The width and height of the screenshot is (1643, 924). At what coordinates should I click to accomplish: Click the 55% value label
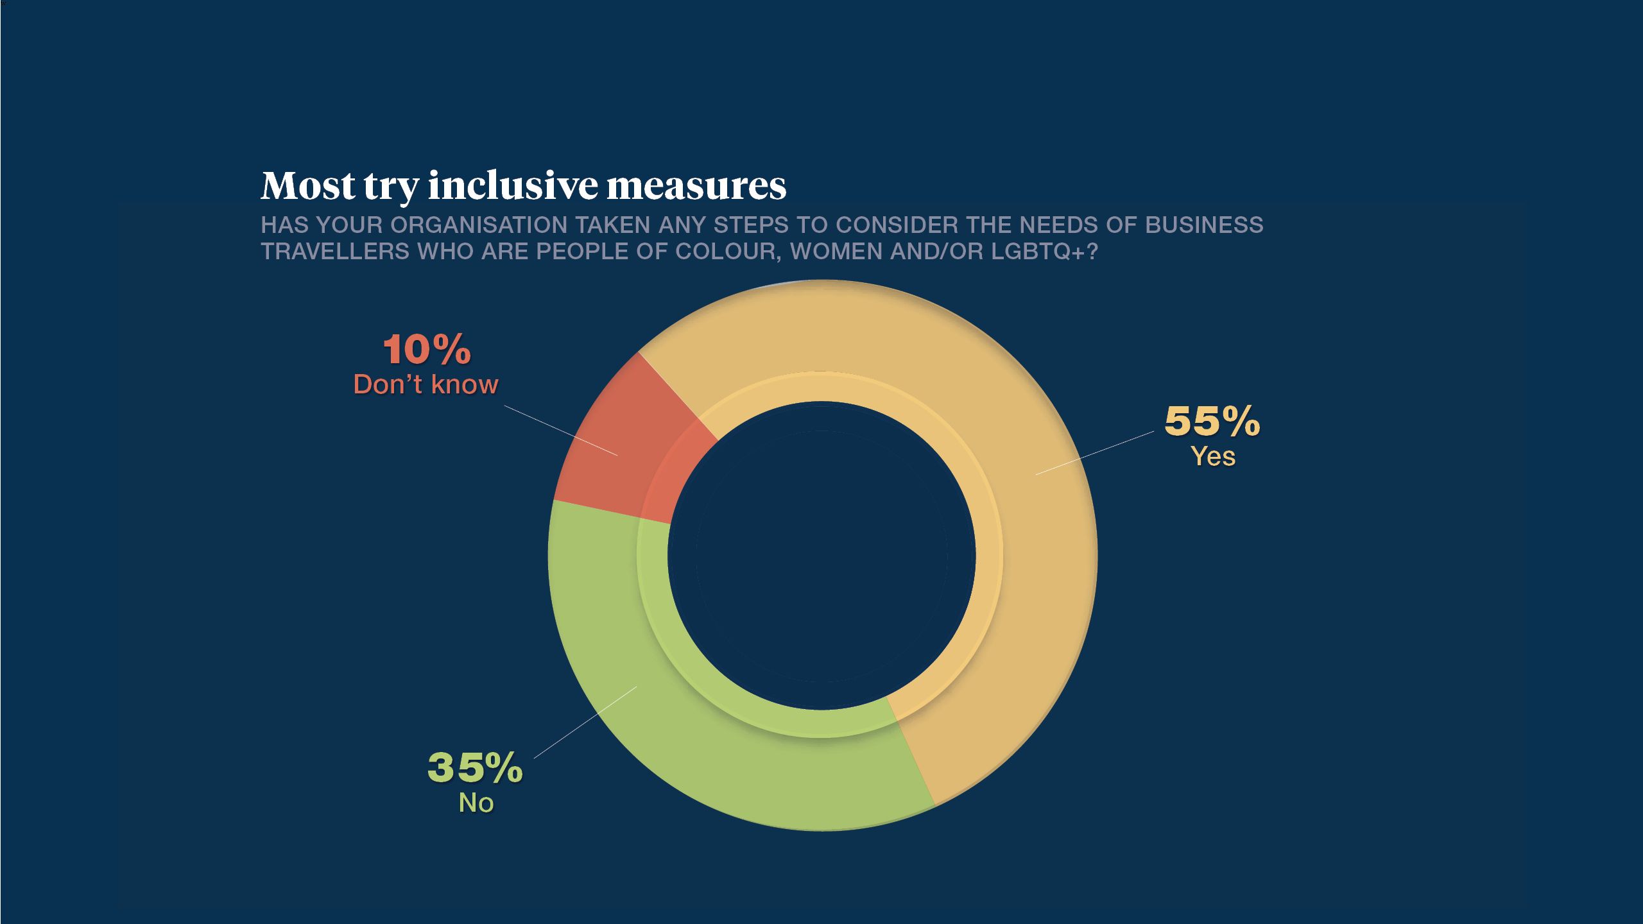(1212, 422)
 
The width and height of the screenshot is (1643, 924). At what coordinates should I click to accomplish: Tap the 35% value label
(475, 767)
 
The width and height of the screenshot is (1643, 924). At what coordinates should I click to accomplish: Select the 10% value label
(427, 350)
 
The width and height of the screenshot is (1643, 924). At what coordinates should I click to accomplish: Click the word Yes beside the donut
(1213, 457)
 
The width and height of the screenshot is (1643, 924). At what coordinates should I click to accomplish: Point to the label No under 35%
(476, 803)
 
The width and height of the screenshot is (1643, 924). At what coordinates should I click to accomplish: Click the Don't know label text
(426, 384)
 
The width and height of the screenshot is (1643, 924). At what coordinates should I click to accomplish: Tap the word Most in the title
(308, 185)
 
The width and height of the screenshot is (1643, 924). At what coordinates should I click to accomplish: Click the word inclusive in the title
(513, 185)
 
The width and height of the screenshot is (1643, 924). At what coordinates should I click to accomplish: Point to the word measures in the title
(696, 185)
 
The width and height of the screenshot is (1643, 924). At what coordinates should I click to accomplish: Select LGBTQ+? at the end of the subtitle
(1044, 252)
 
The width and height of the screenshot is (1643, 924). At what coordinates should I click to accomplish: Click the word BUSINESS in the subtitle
(1204, 225)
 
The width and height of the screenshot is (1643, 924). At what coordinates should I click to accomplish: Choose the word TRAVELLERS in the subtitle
(335, 252)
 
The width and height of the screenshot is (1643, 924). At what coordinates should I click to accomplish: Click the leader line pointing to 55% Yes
(1095, 453)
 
